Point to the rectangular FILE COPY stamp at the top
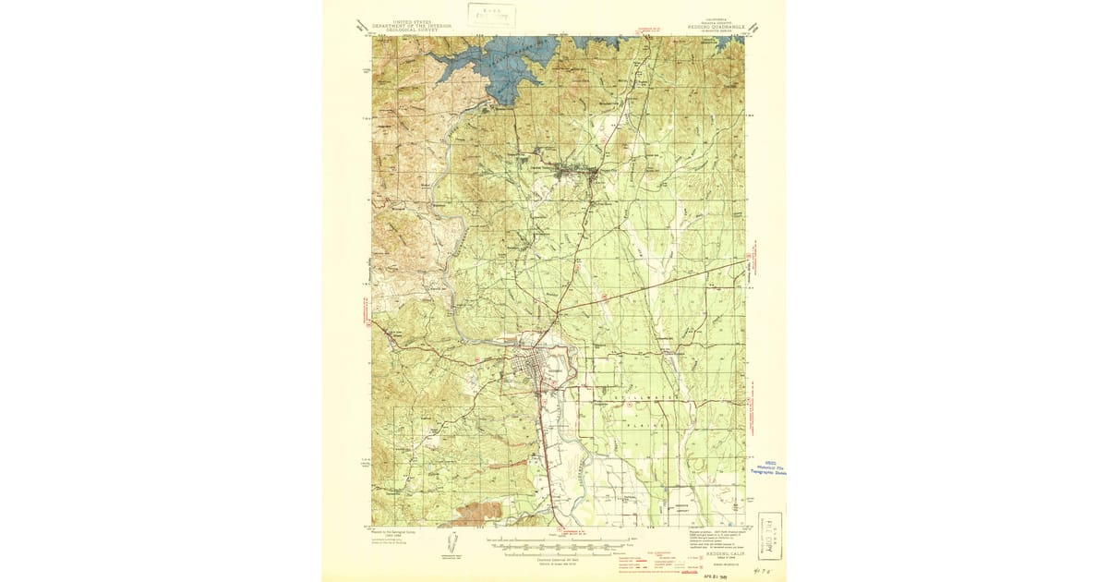pos(491,13)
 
